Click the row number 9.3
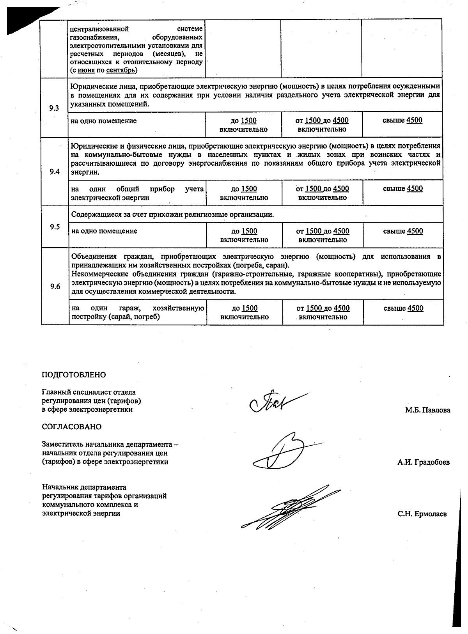(x=54, y=108)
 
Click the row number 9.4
(x=55, y=172)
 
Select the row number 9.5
(x=55, y=227)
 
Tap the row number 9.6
(x=55, y=287)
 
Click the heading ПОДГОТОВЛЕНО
(x=74, y=375)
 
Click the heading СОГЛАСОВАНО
(x=71, y=427)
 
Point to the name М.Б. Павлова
(x=427, y=410)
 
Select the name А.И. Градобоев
(x=424, y=462)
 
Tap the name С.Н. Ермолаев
(x=422, y=514)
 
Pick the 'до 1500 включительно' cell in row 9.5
(x=244, y=235)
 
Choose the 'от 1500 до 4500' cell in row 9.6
(x=323, y=312)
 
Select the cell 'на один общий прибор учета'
(x=137, y=193)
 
